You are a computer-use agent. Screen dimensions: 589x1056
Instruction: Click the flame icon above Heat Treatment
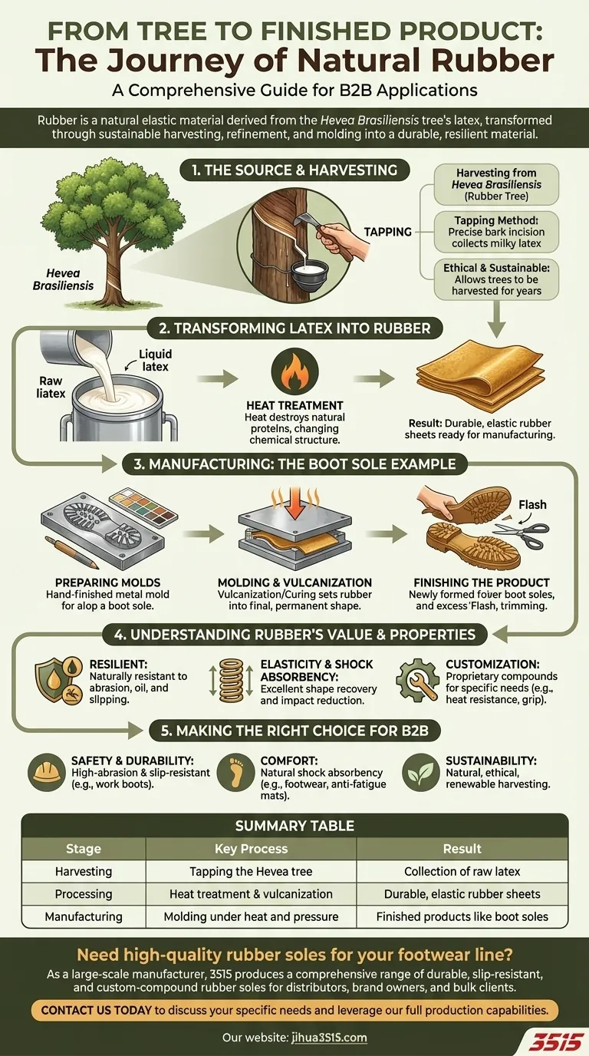pos(295,371)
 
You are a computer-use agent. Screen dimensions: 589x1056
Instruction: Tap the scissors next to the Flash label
pos(528,536)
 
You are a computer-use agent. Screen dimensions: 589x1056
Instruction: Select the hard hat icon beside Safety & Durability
pos(46,772)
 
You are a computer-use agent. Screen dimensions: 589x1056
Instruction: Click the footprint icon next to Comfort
pos(235,772)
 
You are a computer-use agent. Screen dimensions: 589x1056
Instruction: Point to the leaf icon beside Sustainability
pos(421,772)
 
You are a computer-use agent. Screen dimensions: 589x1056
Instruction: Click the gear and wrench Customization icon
pos(418,680)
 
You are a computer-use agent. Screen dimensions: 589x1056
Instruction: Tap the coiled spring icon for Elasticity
pos(232,680)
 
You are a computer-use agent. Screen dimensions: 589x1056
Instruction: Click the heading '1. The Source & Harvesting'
pos(294,170)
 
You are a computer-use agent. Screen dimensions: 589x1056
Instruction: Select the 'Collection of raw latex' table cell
pos(462,871)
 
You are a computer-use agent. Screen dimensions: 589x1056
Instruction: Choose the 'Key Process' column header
pos(251,849)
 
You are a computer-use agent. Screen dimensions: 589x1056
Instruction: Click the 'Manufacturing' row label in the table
pos(84,916)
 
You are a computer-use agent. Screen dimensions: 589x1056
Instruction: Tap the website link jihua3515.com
pos(329,1038)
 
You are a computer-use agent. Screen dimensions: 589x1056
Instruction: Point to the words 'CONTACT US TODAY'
pos(96,1010)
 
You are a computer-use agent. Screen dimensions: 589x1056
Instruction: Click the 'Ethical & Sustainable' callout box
pos(496,279)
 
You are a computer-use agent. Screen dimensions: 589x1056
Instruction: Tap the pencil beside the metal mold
pos(71,552)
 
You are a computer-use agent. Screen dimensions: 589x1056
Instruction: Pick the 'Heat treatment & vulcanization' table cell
pos(251,894)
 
